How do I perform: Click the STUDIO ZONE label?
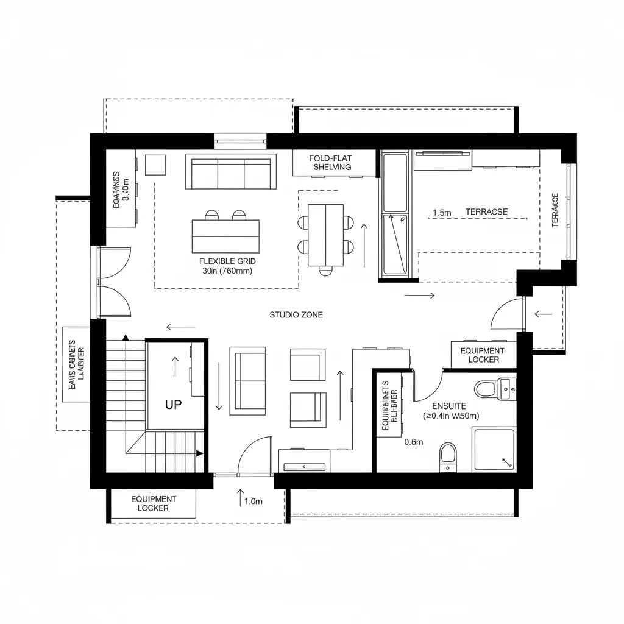coord(296,315)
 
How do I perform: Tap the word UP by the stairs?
coord(174,404)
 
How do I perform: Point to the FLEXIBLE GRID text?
coord(224,261)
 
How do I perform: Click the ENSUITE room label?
coord(448,406)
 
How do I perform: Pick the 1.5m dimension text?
coord(442,213)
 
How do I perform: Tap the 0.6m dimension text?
coord(413,442)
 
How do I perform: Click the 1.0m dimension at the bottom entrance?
coord(253,502)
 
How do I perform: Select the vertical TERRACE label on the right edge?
coord(555,210)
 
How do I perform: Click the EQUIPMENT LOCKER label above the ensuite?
coord(483,355)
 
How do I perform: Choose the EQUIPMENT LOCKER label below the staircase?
coord(154,503)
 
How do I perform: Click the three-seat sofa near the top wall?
coord(230,173)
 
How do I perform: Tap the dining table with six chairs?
coord(326,235)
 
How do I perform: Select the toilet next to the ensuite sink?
coord(486,388)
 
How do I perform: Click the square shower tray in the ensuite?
coord(494,450)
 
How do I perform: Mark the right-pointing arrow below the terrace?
coord(420,296)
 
